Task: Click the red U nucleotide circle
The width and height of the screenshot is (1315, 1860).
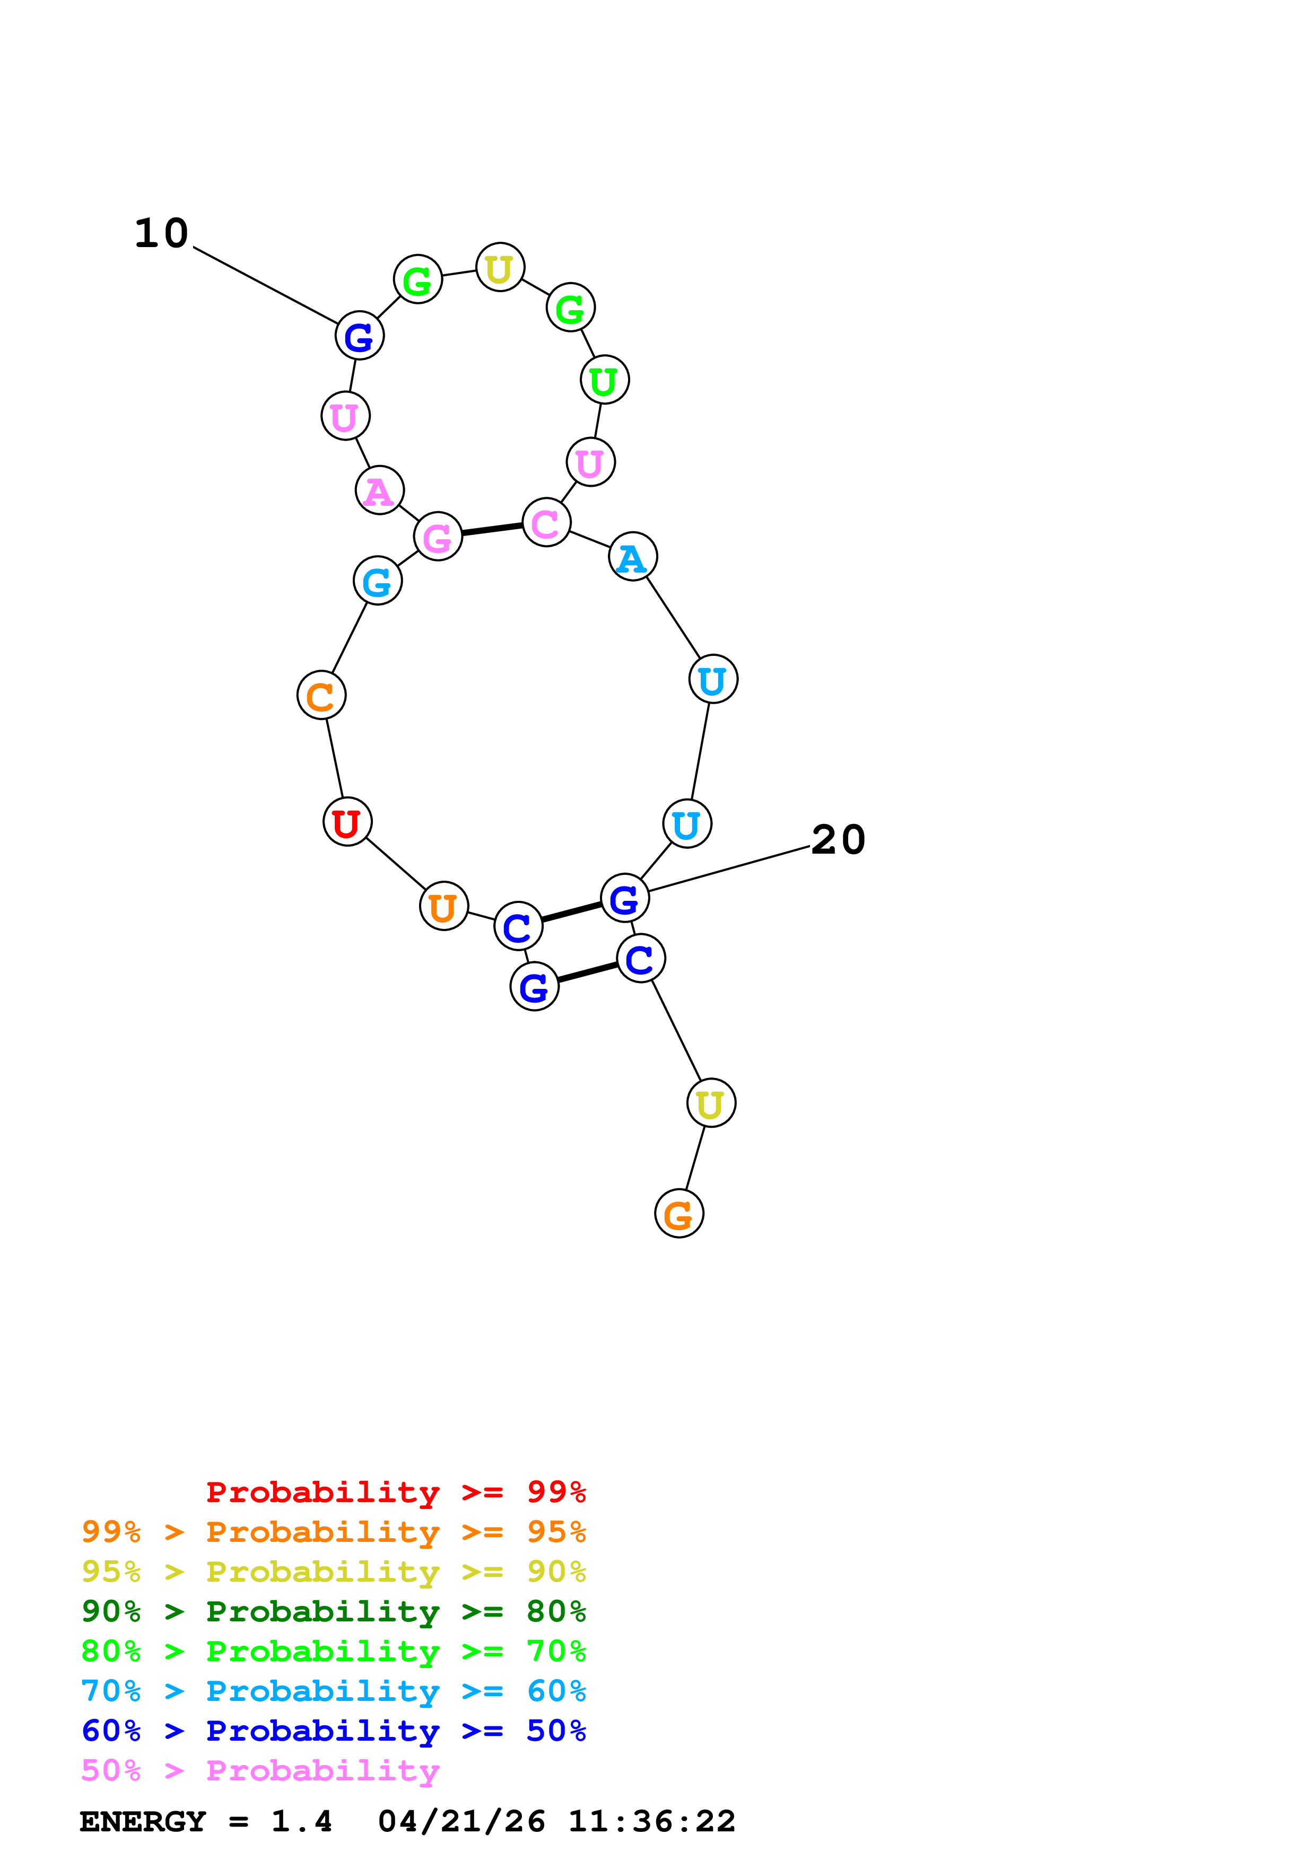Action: (x=347, y=821)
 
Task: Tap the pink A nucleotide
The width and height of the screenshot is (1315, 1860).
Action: (x=379, y=490)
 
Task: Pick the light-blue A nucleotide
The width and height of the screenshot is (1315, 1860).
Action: (x=632, y=557)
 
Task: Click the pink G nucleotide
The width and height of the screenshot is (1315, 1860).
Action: (x=438, y=536)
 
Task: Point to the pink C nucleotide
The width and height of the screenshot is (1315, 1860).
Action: (x=546, y=522)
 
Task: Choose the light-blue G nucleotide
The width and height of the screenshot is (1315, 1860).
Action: (x=378, y=580)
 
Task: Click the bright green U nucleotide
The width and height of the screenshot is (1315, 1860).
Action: (x=604, y=379)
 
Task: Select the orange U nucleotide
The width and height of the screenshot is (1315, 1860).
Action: (x=443, y=906)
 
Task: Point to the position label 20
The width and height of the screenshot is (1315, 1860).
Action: (x=838, y=839)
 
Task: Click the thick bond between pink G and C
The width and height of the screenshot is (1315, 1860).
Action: (x=492, y=529)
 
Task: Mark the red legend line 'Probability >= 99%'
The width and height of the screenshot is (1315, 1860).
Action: (x=395, y=1491)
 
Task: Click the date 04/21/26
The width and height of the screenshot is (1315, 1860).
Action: (x=461, y=1821)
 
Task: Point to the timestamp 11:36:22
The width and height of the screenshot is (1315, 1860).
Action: (x=651, y=1821)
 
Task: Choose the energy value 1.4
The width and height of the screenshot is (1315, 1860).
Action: (x=301, y=1821)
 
